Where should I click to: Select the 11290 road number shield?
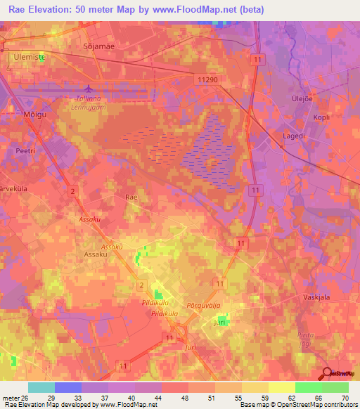pos(209,80)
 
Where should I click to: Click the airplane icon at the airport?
pos(88,89)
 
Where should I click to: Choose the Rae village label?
pos(131,198)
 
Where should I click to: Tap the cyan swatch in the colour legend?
pos(41,387)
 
